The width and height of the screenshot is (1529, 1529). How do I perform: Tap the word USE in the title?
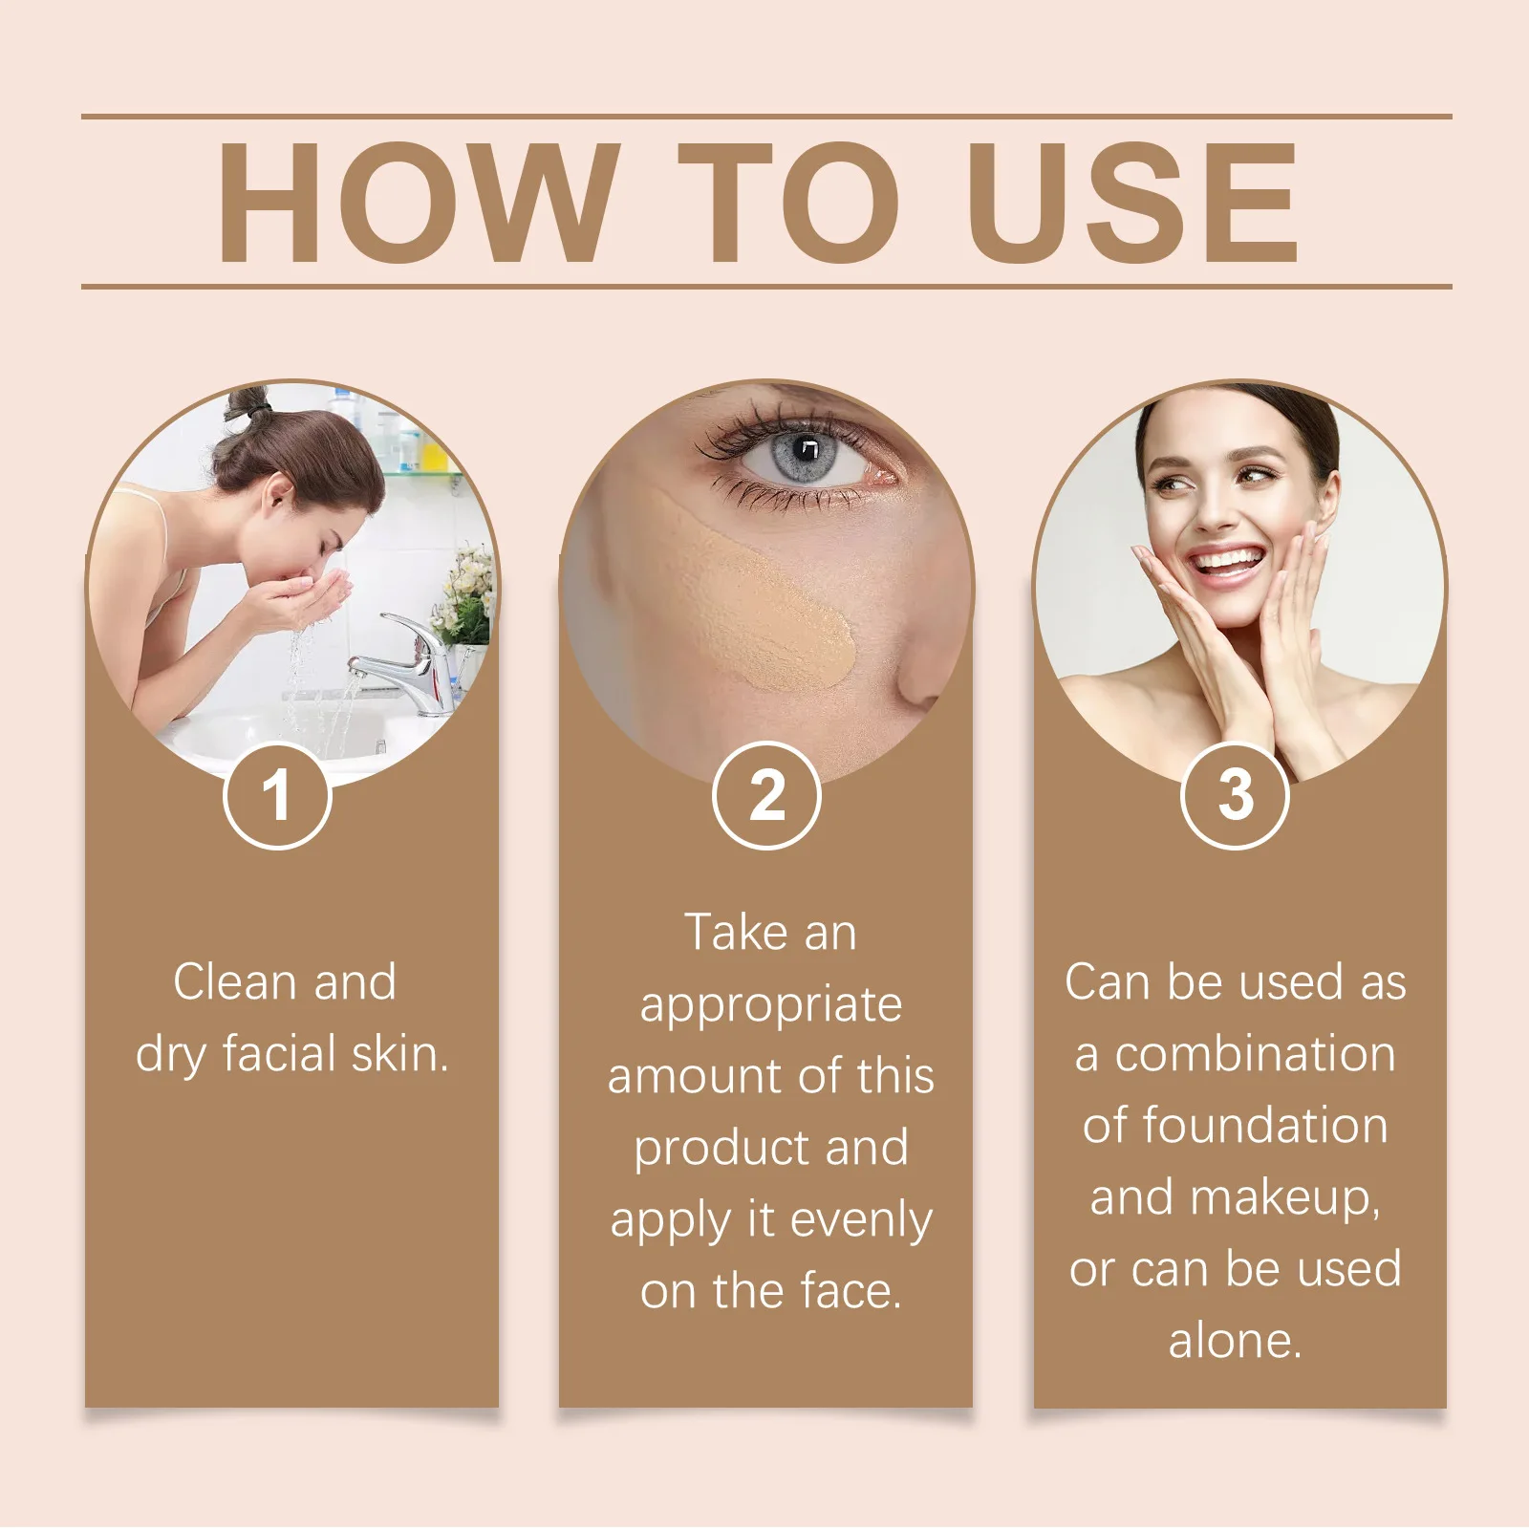coord(1136,203)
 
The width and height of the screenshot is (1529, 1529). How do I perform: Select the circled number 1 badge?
coord(277,795)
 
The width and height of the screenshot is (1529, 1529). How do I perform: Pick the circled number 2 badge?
coord(766,795)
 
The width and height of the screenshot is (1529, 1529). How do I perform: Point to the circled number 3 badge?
coord(1236,795)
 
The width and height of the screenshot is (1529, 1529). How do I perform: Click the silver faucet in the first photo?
coord(411,659)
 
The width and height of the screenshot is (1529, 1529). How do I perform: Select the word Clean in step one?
coord(235,982)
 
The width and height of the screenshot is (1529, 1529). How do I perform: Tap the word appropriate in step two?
coord(770,1005)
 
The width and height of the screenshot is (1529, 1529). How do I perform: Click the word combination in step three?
coord(1255,1054)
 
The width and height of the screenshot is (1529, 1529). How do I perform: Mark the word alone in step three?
coord(1235,1341)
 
